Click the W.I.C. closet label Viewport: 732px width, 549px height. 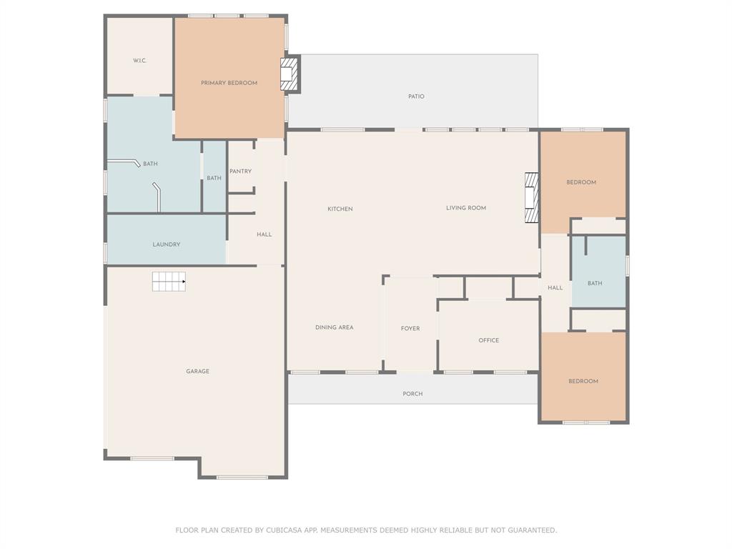pyautogui.click(x=139, y=61)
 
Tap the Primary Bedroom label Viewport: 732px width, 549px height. pyautogui.click(x=229, y=83)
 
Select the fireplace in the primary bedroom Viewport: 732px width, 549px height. pyautogui.click(x=289, y=74)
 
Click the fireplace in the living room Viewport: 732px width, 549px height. pyautogui.click(x=531, y=197)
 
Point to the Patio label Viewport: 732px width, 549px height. pyautogui.click(x=417, y=97)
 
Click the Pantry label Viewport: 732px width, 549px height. pyautogui.click(x=240, y=172)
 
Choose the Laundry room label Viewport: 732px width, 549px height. pyautogui.click(x=166, y=244)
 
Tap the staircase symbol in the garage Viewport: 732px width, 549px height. pyautogui.click(x=169, y=282)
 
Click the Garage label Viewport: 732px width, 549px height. pyautogui.click(x=197, y=371)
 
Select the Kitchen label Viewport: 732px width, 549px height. pyautogui.click(x=340, y=209)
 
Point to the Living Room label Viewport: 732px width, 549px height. pyautogui.click(x=466, y=208)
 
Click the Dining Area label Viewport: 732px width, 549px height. pyautogui.click(x=335, y=327)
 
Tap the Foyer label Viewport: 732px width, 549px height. pyautogui.click(x=410, y=329)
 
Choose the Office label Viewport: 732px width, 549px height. pyautogui.click(x=489, y=340)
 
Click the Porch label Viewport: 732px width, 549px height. pyautogui.click(x=412, y=394)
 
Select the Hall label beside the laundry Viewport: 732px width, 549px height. pyautogui.click(x=264, y=234)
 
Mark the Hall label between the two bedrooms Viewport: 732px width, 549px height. pyautogui.click(x=555, y=287)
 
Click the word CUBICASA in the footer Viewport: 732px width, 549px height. pyautogui.click(x=285, y=530)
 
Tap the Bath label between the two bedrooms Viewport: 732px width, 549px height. pyautogui.click(x=595, y=283)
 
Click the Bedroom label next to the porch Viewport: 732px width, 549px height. pyautogui.click(x=583, y=382)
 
